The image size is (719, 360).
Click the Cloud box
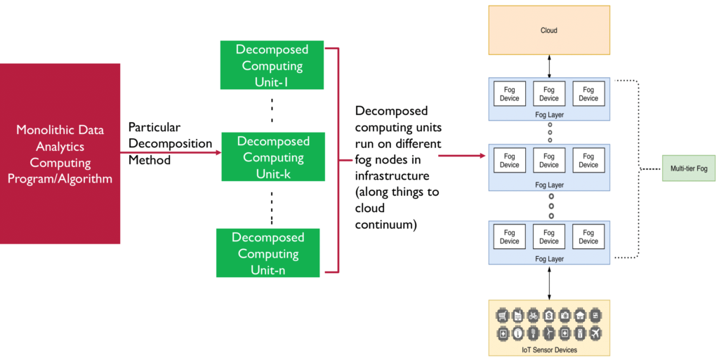pos(549,30)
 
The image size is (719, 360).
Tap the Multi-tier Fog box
pos(688,168)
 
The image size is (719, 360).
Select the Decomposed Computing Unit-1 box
pos(272,65)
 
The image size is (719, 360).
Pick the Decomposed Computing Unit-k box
pos(273,156)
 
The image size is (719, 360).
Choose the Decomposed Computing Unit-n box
pos(268,253)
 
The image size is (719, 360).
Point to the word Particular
pos(154,127)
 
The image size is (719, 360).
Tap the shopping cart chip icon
pos(503,315)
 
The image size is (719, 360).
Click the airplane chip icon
pos(595,333)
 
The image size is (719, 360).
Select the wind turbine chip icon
pos(549,333)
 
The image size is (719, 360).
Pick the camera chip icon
pos(565,315)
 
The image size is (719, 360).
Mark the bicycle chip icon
pos(533,315)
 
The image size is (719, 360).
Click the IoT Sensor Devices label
pos(549,350)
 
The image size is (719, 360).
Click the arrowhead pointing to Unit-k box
pos(219,152)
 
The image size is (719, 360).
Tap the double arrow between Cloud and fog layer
pos(549,67)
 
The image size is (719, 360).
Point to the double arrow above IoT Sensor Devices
pos(549,283)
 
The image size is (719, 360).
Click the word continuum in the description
pos(383,225)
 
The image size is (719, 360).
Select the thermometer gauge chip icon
pos(517,333)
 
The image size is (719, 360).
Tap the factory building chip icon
pos(517,315)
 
